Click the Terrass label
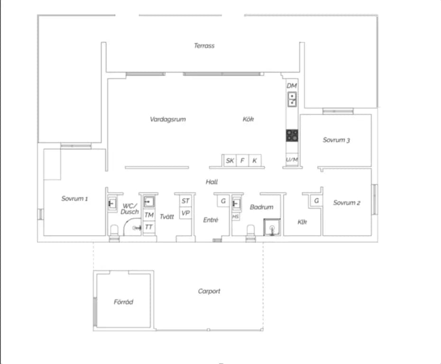tap(204, 45)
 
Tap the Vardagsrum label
tap(168, 119)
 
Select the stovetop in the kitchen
tap(292, 135)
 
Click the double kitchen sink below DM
tap(292, 99)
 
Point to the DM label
tap(292, 85)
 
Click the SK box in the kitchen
tap(230, 161)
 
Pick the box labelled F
tap(242, 161)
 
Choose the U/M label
tap(292, 160)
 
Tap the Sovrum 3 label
tap(336, 140)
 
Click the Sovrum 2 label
tap(347, 203)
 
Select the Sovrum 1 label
tap(74, 199)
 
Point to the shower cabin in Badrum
tap(272, 227)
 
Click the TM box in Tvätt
tap(149, 215)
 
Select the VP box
tap(185, 213)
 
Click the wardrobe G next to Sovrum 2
tap(316, 200)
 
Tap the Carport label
tap(209, 291)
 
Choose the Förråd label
tap(123, 302)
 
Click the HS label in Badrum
tap(236, 217)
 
